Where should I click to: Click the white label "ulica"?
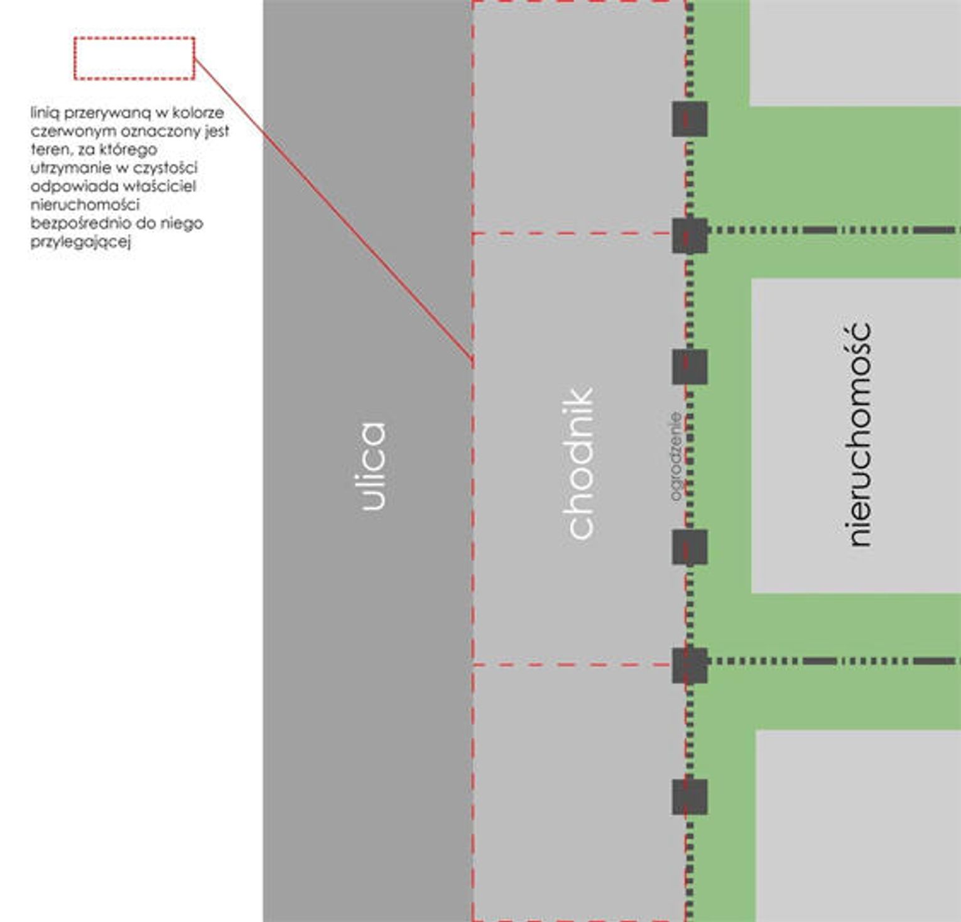click(373, 466)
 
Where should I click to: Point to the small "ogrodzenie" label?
click(675, 456)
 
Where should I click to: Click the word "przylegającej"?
click(81, 242)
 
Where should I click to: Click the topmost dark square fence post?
click(690, 119)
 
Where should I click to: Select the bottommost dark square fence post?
click(690, 797)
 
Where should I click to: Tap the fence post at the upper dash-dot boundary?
click(690, 236)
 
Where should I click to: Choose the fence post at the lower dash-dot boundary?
click(690, 666)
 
